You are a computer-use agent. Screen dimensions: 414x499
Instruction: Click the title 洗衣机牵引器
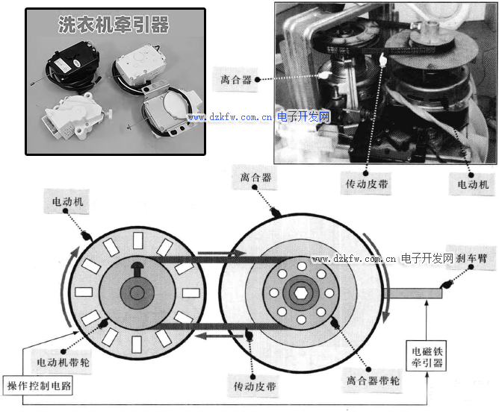coord(114,25)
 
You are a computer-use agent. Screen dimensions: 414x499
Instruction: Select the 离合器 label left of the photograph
coord(237,79)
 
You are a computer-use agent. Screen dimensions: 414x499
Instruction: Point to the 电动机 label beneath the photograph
coord(473,183)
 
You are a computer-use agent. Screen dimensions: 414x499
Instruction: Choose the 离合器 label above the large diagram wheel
coord(255,178)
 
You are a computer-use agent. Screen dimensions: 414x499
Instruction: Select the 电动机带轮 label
coord(64,362)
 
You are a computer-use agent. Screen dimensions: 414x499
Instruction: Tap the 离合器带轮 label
coord(373,380)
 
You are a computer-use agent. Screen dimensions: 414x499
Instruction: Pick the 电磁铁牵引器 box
coord(428,357)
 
